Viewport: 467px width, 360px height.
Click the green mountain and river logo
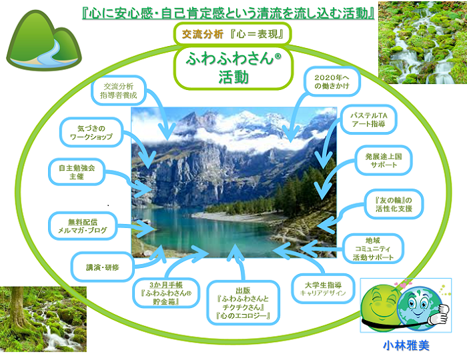(44, 41)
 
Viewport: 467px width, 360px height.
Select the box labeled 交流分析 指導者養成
(119, 91)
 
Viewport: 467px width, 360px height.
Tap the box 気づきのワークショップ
(91, 133)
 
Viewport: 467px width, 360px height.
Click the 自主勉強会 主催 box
(77, 172)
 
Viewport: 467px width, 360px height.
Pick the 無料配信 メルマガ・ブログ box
(83, 226)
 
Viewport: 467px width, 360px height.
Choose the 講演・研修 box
(103, 267)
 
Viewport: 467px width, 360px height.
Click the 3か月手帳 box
(166, 293)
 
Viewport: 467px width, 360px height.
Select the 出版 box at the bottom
(243, 303)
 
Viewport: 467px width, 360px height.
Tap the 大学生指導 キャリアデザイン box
(323, 289)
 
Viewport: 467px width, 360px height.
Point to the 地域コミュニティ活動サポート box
(373, 249)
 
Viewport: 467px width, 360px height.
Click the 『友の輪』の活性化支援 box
(394, 204)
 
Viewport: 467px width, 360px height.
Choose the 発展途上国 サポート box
(384, 160)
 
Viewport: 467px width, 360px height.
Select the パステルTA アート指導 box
(369, 119)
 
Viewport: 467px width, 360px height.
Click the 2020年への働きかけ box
(332, 81)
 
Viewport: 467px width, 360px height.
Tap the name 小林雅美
(406, 346)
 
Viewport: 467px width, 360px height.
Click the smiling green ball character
(378, 308)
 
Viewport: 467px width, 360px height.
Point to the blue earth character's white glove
(437, 314)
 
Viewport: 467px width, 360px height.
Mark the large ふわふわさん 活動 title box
(233, 68)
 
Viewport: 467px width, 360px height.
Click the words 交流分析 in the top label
(203, 34)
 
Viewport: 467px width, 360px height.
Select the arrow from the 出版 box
(238, 262)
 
